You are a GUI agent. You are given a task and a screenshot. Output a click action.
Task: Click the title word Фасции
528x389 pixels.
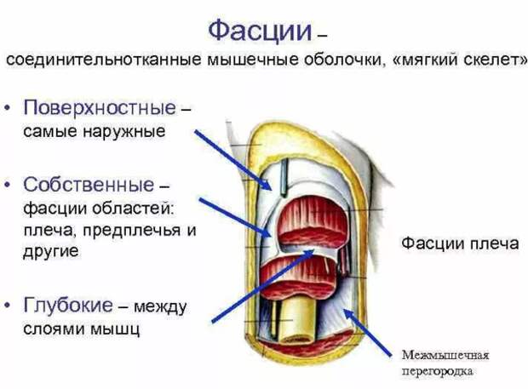(260, 31)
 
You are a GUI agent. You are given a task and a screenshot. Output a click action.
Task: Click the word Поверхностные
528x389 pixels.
(100, 108)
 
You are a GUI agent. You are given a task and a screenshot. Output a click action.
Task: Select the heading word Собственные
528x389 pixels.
(89, 185)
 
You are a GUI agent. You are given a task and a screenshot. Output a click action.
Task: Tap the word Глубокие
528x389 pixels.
(68, 305)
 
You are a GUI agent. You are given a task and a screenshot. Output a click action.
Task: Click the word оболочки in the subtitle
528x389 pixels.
(342, 60)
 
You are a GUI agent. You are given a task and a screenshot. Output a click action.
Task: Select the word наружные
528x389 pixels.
(124, 131)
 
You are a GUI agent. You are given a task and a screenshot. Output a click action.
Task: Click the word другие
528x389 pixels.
(51, 251)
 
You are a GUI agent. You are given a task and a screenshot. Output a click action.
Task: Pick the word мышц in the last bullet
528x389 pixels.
(115, 329)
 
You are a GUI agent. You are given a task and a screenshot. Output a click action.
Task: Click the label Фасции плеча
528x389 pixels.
(460, 243)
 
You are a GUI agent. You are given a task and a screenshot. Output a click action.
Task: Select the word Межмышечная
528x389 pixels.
(445, 355)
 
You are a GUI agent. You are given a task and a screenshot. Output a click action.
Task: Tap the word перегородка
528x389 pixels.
(437, 370)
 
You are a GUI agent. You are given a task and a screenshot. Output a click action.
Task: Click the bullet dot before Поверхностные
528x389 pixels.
(8, 108)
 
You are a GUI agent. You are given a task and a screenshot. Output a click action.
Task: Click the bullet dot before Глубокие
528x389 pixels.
(8, 306)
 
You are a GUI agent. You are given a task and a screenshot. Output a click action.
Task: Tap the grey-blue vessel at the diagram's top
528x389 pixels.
(284, 178)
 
